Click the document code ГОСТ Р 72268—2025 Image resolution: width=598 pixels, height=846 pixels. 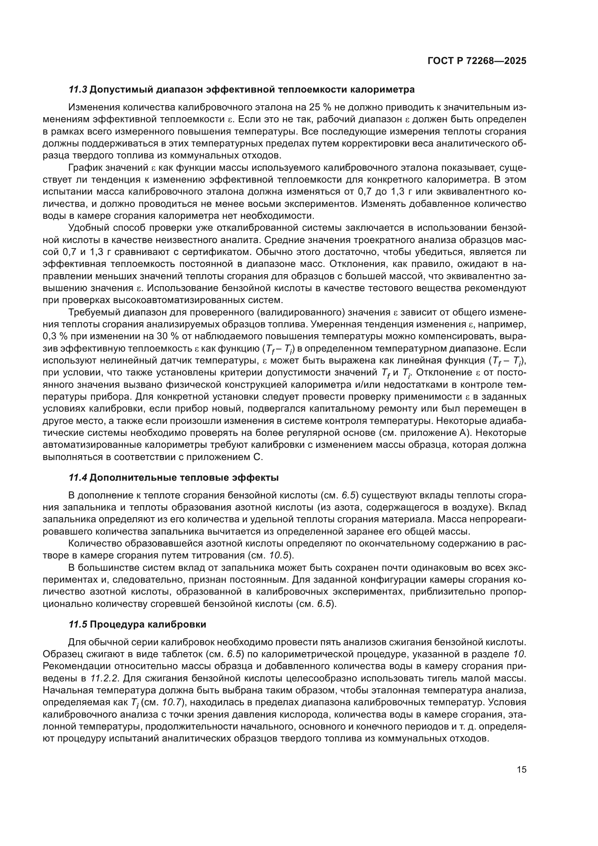pyautogui.click(x=477, y=61)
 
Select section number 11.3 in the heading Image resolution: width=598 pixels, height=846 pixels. pyautogui.click(x=78, y=90)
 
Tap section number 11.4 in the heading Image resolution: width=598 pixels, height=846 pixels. pyautogui.click(x=78, y=478)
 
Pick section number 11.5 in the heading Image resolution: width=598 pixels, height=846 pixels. pyautogui.click(x=78, y=625)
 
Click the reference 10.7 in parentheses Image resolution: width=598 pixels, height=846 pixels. pyautogui.click(x=172, y=703)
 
